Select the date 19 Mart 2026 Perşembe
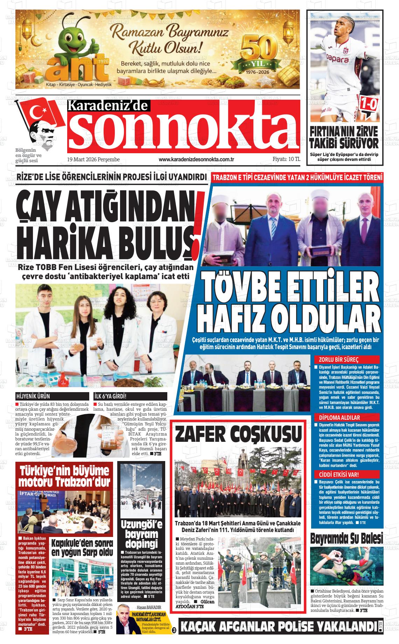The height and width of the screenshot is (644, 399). pyautogui.click(x=93, y=160)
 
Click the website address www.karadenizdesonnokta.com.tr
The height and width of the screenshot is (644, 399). pyautogui.click(x=196, y=160)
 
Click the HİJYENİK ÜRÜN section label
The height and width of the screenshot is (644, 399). pyautogui.click(x=33, y=396)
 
